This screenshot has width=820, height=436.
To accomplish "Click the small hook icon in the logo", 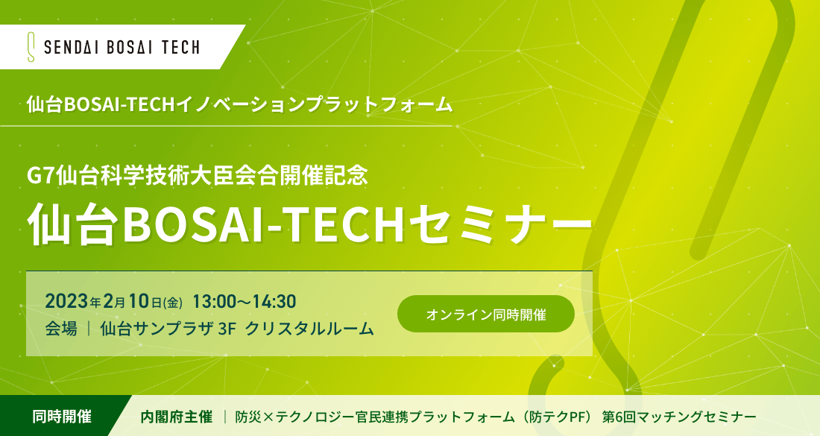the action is coord(31,47).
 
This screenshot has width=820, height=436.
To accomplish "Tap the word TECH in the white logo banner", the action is coord(180,48).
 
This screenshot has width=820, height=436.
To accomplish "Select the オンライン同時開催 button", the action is coord(486,315).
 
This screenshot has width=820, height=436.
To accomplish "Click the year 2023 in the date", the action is coord(66,301).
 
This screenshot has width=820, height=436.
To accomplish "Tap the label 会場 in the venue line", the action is coord(61,329).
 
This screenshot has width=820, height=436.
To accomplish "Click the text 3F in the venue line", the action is coord(227,329).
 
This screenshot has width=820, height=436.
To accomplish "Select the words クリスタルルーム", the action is coord(309,329).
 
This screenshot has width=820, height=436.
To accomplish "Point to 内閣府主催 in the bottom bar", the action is coord(176,417).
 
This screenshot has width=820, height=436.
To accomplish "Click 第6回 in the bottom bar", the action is coord(621,417).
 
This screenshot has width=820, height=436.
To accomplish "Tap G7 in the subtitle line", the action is coord(41,176).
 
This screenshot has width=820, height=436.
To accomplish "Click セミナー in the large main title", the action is coord(500,226).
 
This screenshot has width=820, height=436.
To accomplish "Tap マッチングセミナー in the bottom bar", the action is coord(698,417).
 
